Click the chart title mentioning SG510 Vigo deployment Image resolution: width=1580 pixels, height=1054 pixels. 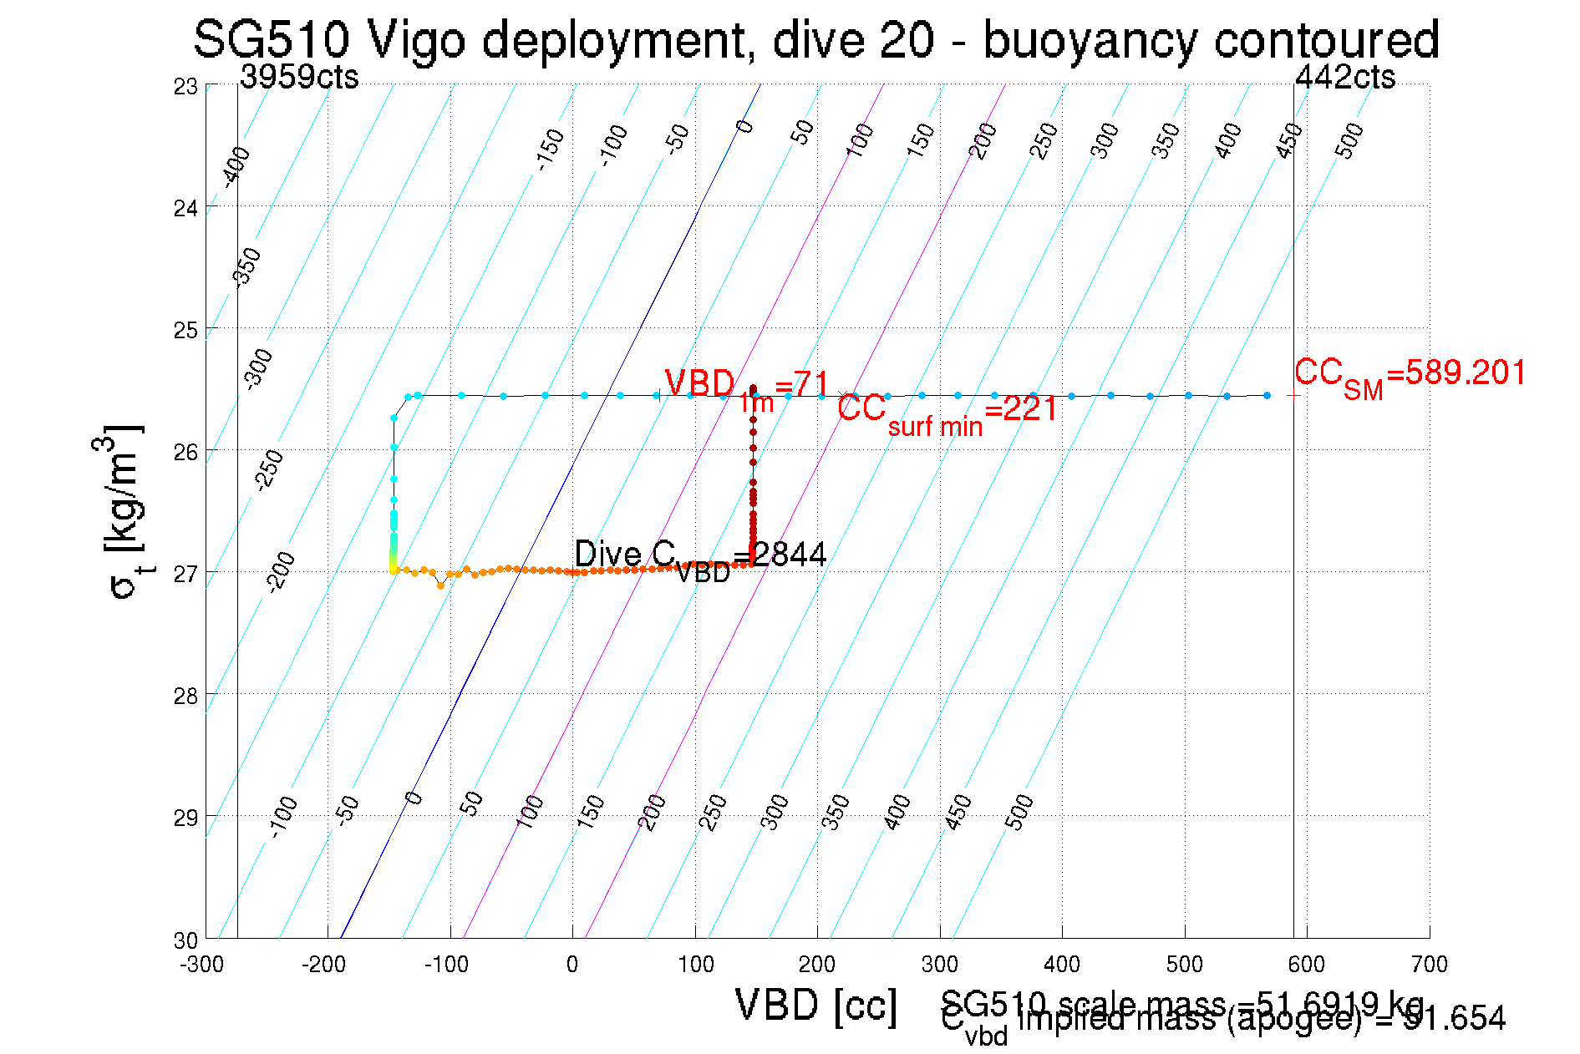pos(816,39)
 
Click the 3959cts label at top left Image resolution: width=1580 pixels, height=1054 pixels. pos(299,77)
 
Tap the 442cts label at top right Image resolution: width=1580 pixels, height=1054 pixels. pos(1344,77)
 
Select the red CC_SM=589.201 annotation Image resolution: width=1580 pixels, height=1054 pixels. pos(1410,375)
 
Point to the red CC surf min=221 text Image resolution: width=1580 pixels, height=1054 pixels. pos(947,412)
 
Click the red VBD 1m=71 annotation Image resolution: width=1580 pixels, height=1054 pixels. pos(746,387)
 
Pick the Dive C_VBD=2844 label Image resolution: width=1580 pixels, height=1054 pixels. pos(700,557)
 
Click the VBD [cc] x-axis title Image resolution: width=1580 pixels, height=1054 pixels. pos(816,1005)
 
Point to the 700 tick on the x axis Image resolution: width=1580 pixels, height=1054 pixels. pos(1429,965)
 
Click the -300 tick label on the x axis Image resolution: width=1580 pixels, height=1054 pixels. pos(202,965)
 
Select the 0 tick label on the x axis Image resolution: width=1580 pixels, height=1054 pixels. pos(572,965)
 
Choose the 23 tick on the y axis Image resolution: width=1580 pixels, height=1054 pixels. pos(186,86)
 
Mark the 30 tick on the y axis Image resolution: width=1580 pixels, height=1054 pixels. pos(186,940)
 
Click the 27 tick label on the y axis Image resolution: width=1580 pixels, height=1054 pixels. pos(186,574)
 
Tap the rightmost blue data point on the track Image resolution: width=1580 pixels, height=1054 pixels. pos(1267,395)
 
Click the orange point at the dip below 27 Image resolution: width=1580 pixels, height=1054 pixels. pos(440,585)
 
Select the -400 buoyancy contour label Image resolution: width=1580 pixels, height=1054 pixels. pos(236,166)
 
